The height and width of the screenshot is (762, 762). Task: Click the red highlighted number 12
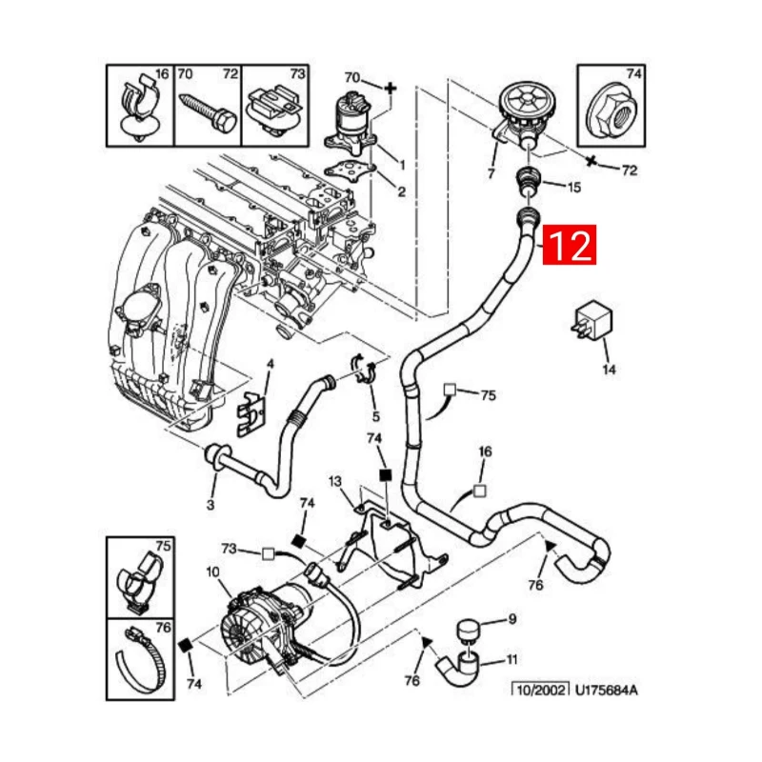[x=569, y=245]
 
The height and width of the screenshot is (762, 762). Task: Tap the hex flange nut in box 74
[x=612, y=113]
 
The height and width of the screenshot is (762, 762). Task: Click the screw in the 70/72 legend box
[x=209, y=112]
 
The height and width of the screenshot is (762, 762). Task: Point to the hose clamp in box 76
[x=140, y=659]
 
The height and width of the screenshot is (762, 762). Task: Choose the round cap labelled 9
[x=469, y=631]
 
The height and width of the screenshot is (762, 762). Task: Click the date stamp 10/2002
[x=540, y=690]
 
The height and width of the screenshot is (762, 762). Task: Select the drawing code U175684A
[x=606, y=690]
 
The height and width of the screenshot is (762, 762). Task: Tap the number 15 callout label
[x=574, y=187]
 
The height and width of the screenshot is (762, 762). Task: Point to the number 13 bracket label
[x=335, y=481]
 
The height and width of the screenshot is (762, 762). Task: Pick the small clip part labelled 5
[x=366, y=368]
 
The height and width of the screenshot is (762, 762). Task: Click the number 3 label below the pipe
[x=211, y=505]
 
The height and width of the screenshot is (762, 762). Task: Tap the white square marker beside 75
[x=450, y=390]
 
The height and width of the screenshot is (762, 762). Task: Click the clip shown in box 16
[x=139, y=108]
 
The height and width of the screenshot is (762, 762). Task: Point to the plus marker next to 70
[x=391, y=89]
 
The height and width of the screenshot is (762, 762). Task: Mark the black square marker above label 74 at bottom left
[x=186, y=646]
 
